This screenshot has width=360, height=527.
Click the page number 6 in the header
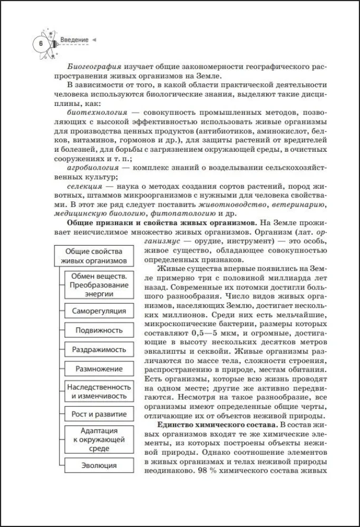tap(40, 43)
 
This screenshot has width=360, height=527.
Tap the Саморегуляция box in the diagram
tap(99, 311)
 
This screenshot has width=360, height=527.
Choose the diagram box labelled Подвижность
tap(99, 330)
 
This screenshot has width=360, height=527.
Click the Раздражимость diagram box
tap(99, 349)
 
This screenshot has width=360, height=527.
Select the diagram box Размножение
tap(99, 369)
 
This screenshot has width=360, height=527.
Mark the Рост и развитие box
tap(99, 414)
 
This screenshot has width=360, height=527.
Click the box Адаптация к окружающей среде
tap(99, 439)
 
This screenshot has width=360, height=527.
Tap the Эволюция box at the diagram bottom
tap(99, 465)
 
